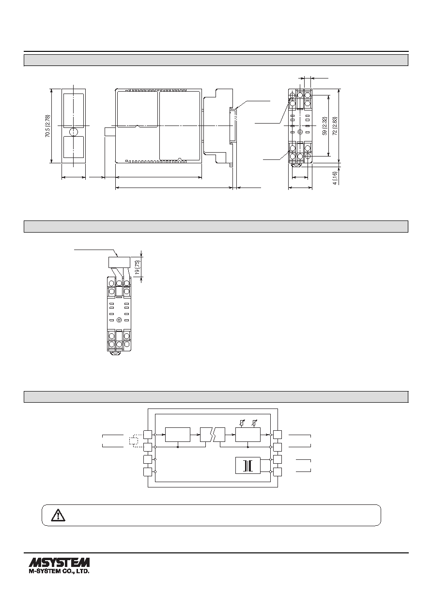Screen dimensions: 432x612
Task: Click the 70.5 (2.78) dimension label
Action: (x=48, y=126)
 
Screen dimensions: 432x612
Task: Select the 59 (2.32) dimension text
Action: (x=324, y=126)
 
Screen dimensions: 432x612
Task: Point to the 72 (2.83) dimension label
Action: (x=335, y=126)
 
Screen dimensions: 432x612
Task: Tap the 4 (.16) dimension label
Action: (x=335, y=177)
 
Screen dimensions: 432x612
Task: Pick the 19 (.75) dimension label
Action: (x=139, y=267)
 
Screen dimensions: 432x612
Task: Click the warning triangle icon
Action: (x=58, y=515)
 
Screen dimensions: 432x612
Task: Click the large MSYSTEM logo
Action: (x=59, y=563)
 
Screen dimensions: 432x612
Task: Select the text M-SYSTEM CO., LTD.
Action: (x=59, y=571)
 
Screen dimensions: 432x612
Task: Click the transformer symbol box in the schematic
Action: (x=247, y=465)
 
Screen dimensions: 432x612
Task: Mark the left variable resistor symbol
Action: (x=241, y=423)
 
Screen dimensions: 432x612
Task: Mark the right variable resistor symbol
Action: (x=255, y=423)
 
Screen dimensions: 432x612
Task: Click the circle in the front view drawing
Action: (x=74, y=132)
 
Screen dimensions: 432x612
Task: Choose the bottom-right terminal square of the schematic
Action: (x=278, y=472)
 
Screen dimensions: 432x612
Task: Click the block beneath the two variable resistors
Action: (x=247, y=435)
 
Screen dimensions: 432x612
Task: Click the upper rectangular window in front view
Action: (x=74, y=108)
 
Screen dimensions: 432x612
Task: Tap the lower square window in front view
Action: (x=74, y=147)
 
